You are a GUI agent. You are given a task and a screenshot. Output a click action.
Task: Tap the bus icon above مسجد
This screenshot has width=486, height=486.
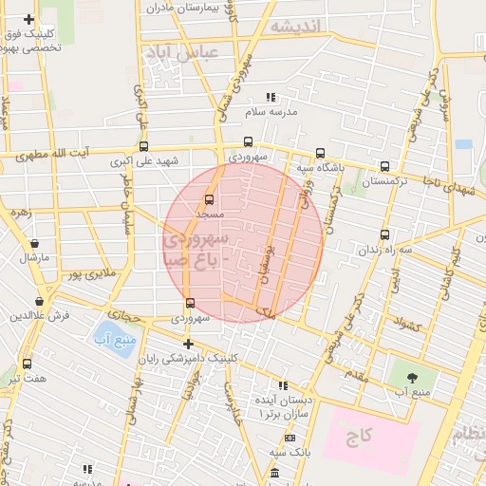[209, 200]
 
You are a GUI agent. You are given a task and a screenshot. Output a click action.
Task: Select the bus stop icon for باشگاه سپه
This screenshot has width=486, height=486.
[319, 153]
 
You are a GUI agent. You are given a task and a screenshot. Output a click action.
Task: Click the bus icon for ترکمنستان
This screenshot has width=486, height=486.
[384, 165]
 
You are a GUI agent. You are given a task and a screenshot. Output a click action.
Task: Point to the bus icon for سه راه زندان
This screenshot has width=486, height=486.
[384, 234]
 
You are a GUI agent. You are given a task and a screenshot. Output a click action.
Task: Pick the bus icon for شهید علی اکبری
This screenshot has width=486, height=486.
[143, 147]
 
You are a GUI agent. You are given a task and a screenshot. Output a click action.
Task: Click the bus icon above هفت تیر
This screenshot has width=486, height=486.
[27, 364]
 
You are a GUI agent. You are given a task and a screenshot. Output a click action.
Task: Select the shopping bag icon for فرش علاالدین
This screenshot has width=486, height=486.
[13, 314]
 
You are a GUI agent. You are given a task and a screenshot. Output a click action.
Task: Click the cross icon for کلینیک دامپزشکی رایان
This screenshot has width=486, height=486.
[188, 344]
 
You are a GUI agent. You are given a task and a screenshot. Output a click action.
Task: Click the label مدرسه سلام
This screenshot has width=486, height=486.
[271, 111]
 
